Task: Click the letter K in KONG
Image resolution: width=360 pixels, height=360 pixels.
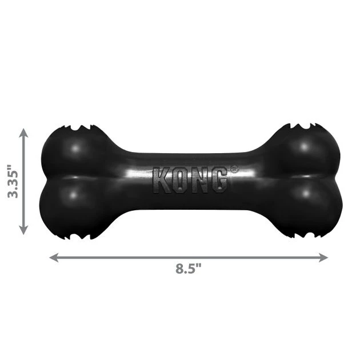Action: (x=161, y=180)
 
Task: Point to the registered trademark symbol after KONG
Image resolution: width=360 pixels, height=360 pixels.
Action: (x=233, y=169)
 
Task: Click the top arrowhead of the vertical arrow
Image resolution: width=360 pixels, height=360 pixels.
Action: (x=23, y=133)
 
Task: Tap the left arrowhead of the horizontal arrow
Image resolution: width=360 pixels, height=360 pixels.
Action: (x=53, y=257)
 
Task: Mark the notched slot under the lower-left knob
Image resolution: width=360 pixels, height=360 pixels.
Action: (x=78, y=234)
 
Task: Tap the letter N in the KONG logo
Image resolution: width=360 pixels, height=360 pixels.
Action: (x=198, y=180)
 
